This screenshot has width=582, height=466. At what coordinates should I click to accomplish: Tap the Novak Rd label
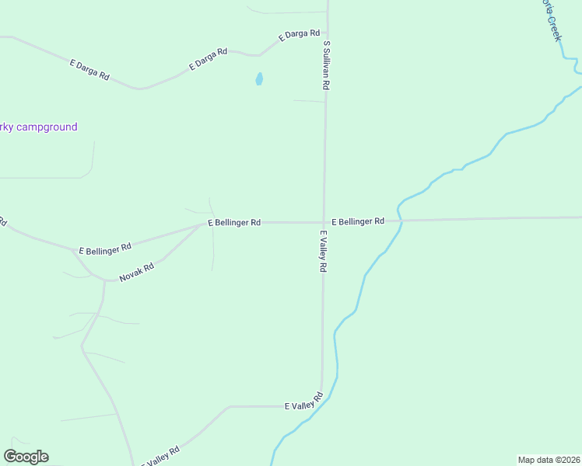136,272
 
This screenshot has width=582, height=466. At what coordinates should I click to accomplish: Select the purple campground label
39,127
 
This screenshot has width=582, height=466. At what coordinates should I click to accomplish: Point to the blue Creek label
551,20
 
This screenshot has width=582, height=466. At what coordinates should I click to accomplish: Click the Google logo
26,457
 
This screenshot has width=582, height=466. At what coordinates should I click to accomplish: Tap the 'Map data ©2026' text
549,459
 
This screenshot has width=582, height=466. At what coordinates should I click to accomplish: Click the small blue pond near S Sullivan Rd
259,79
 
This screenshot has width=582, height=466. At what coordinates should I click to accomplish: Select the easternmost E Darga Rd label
300,34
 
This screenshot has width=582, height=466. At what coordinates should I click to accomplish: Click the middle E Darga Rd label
209,60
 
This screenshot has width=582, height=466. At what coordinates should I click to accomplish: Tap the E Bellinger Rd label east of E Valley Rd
358,221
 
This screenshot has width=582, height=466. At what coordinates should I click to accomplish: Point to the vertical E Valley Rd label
322,250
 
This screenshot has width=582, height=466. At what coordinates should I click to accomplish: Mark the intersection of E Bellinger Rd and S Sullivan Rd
324,222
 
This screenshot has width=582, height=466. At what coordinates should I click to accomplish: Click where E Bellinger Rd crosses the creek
401,221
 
